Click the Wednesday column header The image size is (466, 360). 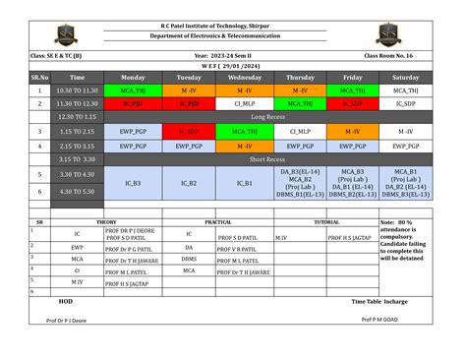[245, 77]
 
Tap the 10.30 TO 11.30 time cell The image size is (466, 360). [78, 90]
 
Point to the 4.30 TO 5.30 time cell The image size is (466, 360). [78, 190]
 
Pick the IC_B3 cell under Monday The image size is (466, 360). [133, 183]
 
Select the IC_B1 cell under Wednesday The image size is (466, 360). [245, 183]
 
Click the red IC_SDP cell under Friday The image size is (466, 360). [353, 102]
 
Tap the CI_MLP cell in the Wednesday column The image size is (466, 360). [245, 102]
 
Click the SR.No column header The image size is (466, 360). [40, 77]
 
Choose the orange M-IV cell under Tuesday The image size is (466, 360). [189, 90]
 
